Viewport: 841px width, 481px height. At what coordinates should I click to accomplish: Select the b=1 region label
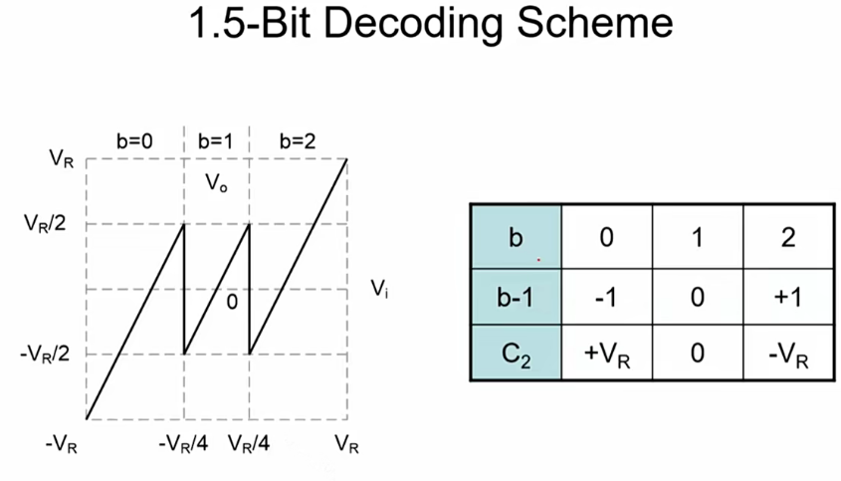(216, 141)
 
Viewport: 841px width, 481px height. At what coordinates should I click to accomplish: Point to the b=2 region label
(297, 141)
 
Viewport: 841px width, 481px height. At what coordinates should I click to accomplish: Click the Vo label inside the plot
(216, 182)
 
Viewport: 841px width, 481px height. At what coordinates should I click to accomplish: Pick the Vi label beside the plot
(379, 288)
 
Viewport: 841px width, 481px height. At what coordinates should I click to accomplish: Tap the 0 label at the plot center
(231, 300)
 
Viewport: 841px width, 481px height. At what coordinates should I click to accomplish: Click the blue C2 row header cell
(516, 353)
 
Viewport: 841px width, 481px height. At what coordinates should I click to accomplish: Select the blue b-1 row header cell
(516, 296)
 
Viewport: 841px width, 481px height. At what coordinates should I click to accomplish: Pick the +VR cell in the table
(607, 353)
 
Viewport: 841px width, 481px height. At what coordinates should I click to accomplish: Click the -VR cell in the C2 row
(789, 353)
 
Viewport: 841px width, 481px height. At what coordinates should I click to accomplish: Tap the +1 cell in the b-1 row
(789, 296)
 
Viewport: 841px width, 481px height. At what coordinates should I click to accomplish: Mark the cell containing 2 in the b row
(789, 239)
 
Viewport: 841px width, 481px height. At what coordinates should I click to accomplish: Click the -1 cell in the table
(607, 296)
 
